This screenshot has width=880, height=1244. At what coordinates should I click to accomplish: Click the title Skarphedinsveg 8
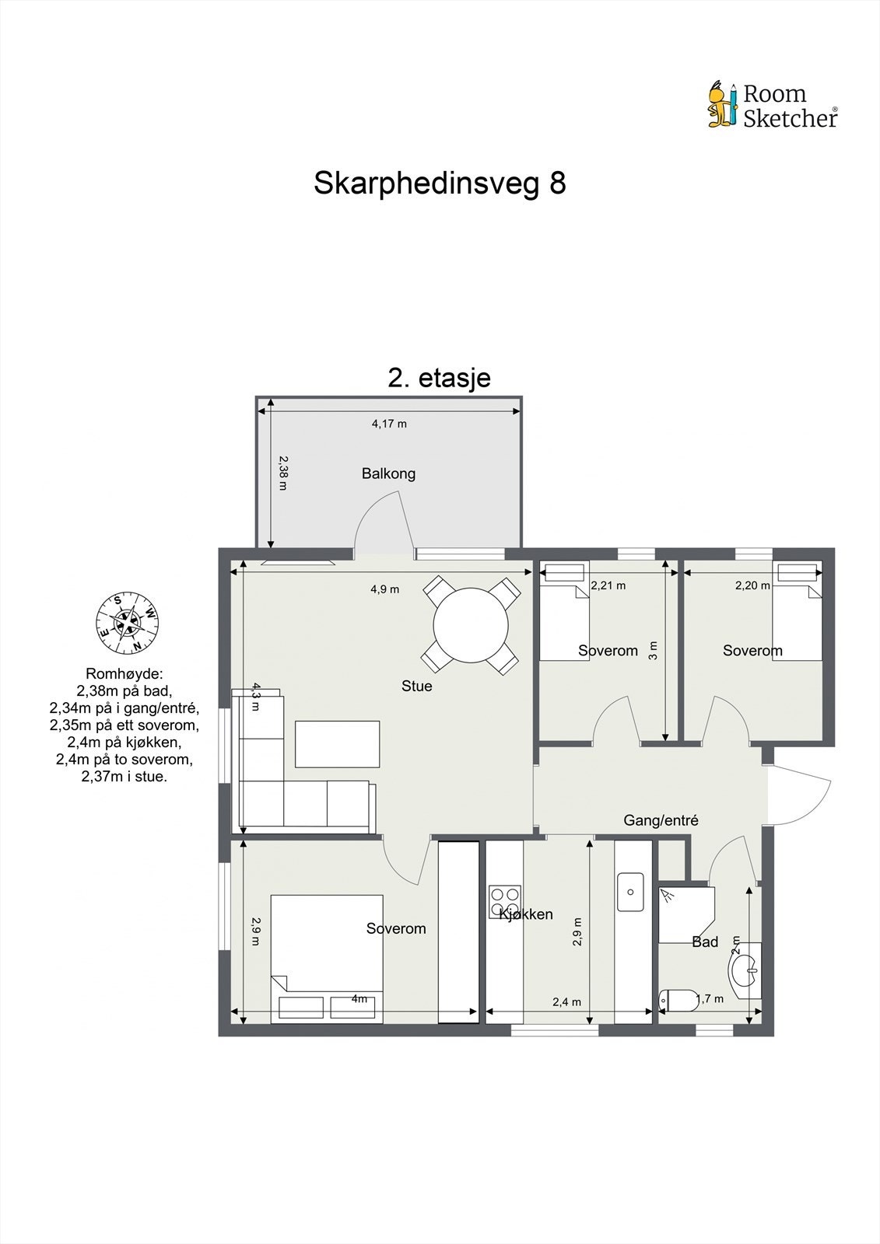pos(440,183)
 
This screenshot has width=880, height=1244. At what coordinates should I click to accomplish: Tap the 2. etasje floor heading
pos(439,378)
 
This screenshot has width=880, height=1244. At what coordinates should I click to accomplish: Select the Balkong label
pos(388,473)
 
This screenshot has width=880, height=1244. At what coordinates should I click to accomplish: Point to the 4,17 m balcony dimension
pos(389,424)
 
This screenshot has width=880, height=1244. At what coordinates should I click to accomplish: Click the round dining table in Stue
pos(471,625)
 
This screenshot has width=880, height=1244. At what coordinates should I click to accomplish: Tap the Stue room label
pos(416,686)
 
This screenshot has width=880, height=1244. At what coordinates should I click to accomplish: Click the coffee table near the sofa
pos(337,744)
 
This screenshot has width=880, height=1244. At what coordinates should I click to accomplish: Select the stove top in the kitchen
pos(503,901)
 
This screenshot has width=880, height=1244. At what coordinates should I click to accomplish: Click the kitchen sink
pos(630,892)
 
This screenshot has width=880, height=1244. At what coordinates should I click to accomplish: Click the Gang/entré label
pos(661,820)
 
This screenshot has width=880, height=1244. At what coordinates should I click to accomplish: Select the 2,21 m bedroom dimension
pos(608,585)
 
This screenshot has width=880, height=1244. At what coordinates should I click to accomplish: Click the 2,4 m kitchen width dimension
pos(566,1002)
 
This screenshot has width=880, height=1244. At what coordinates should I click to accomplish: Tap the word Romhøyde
pos(124,673)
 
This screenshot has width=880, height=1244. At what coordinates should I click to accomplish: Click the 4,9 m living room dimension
pos(384,589)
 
